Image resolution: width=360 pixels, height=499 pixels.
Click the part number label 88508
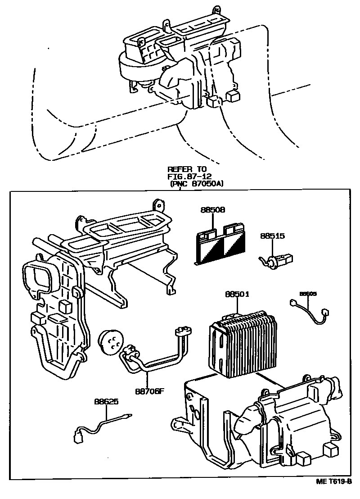pos(213,209)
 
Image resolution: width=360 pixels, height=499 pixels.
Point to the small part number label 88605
pos(308,294)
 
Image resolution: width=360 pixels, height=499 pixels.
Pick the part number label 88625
pos(106,401)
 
